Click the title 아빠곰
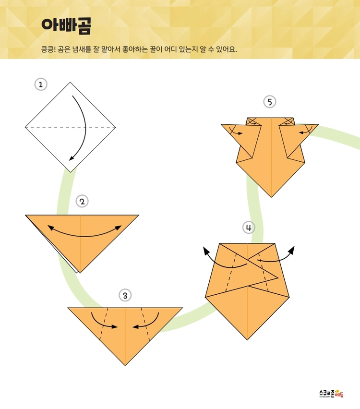tap(66, 26)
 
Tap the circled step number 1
tap(41, 84)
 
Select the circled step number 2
tap(82, 201)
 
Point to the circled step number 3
tap(125, 296)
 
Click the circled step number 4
tap(249, 228)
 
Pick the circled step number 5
tap(270, 102)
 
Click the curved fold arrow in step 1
tap(85, 125)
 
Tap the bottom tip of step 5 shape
tap(271, 197)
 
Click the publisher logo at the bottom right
tap(331, 393)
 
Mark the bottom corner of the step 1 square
tap(70, 172)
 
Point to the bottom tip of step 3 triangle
tap(125, 365)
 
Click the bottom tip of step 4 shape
tap(247, 340)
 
